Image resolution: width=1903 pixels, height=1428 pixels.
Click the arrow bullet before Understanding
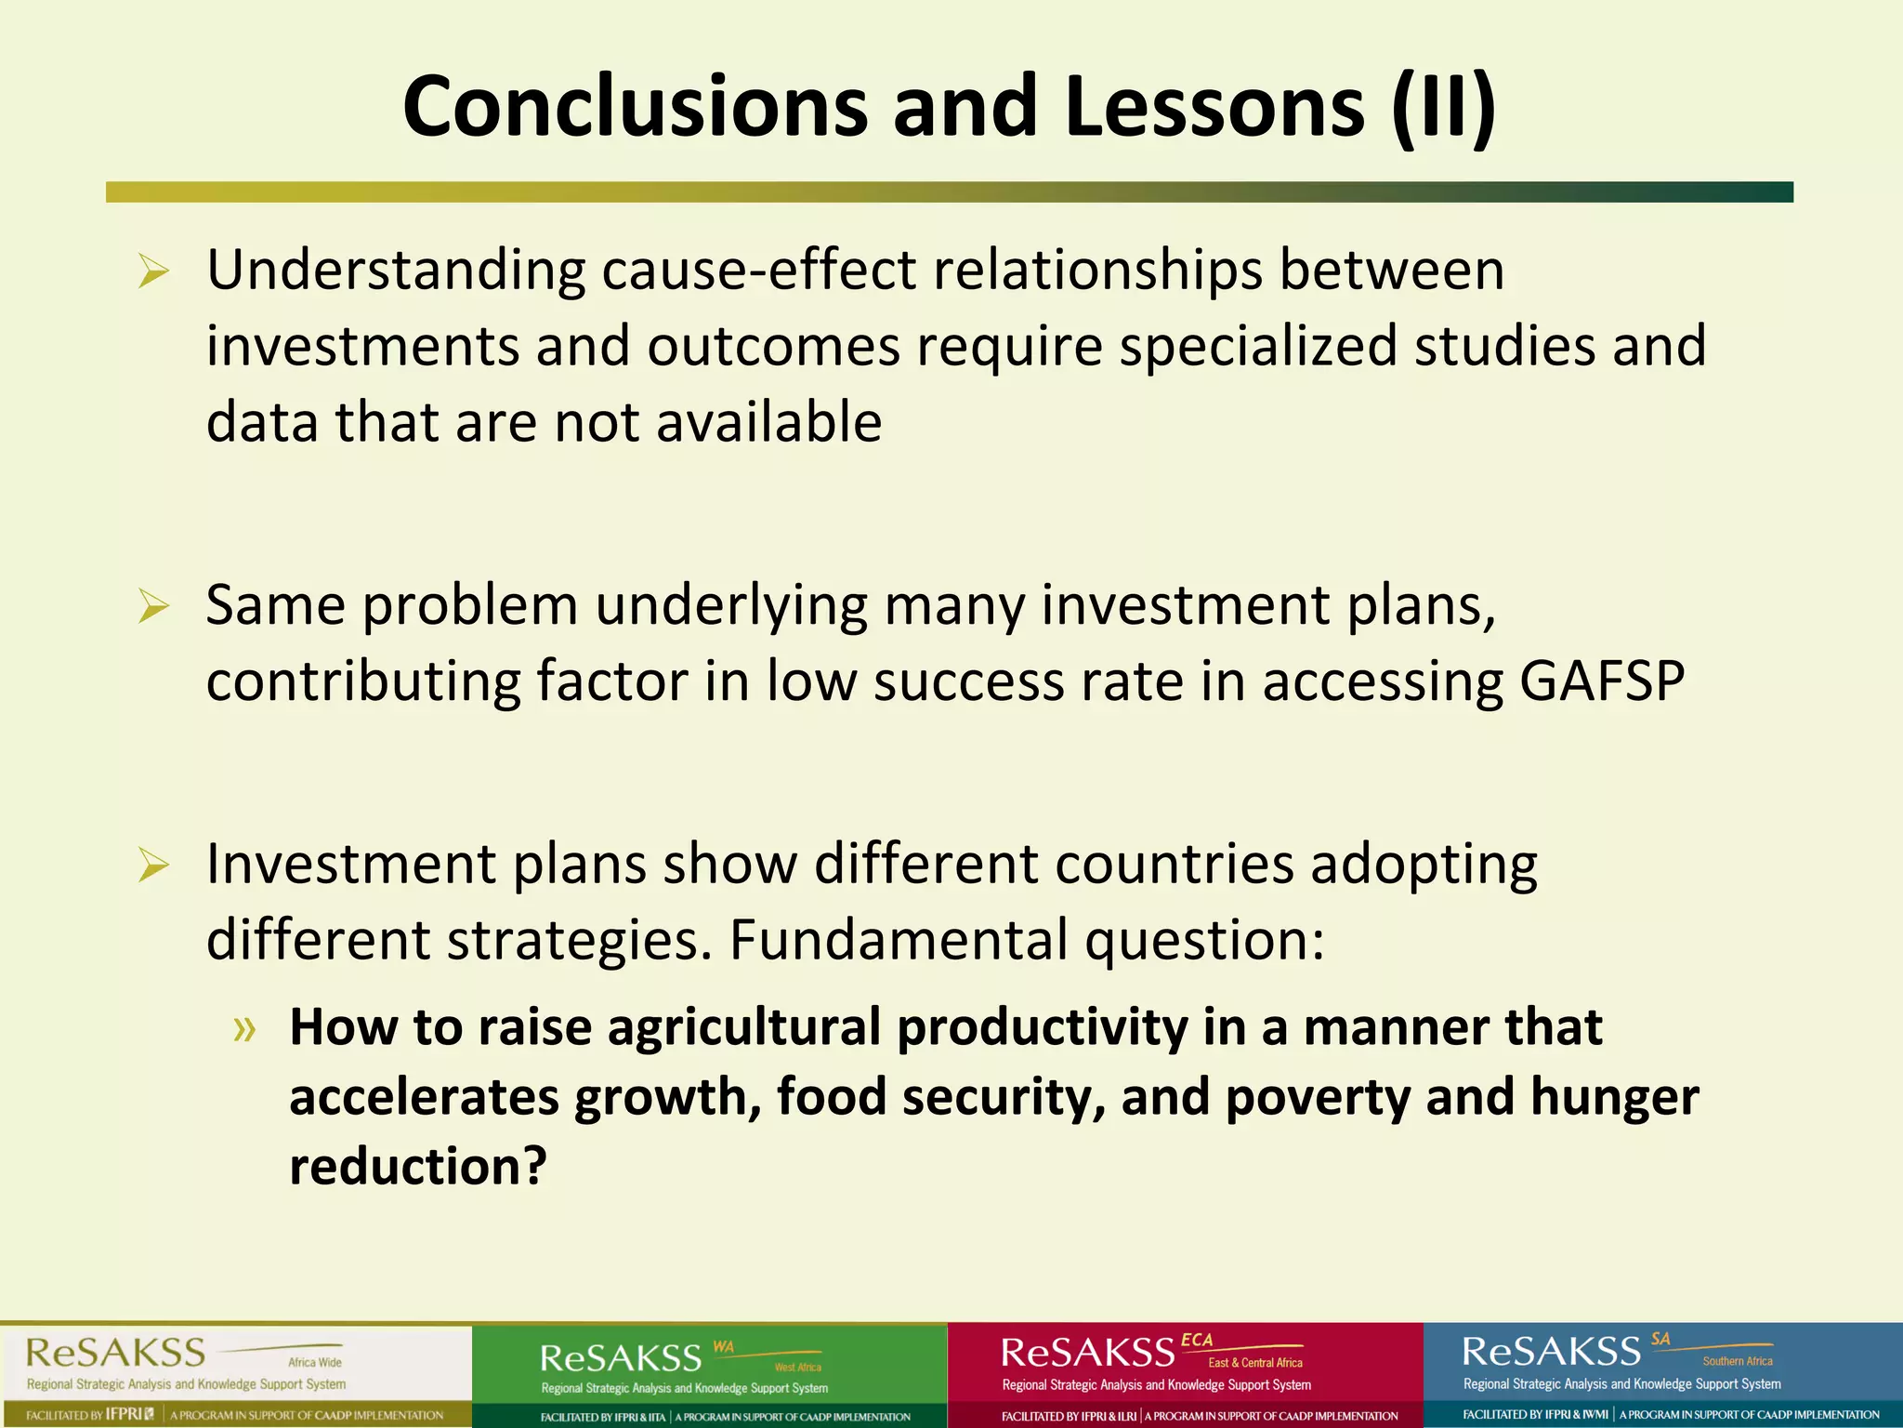(153, 272)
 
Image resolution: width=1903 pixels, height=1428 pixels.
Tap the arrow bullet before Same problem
(153, 607)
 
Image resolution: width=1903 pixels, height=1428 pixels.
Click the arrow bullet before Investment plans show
(153, 866)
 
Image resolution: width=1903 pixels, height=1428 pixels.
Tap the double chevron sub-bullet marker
(244, 1028)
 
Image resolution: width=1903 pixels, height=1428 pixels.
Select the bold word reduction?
(418, 1166)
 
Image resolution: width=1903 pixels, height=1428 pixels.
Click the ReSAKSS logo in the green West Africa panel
(621, 1359)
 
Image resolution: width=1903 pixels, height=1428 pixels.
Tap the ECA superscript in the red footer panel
(1197, 1341)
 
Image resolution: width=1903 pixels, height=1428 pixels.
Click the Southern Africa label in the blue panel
(1738, 1361)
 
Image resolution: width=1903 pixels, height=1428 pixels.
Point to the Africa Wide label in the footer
(315, 1362)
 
